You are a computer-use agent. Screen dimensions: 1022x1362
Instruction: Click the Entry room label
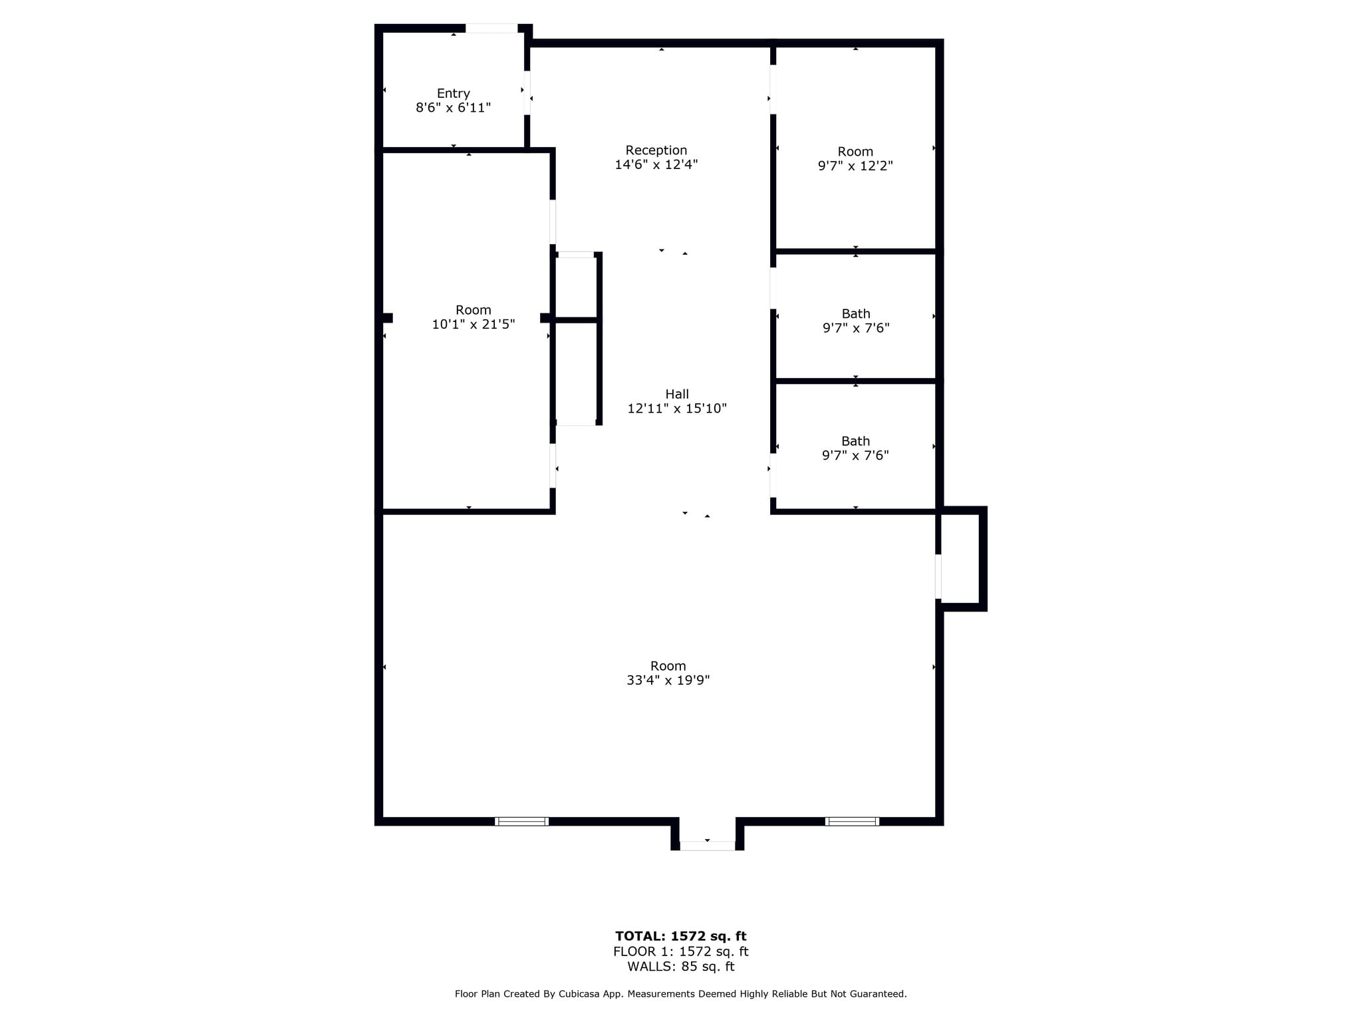453,94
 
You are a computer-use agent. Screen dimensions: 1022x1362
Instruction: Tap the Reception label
656,150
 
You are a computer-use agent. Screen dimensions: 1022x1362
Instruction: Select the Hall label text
677,394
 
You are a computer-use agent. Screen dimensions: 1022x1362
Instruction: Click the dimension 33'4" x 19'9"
668,680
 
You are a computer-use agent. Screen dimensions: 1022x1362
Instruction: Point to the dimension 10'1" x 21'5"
473,325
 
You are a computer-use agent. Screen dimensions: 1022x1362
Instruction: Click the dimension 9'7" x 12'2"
855,166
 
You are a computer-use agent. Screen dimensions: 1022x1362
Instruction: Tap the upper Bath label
855,313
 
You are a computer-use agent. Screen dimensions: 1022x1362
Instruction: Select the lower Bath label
855,441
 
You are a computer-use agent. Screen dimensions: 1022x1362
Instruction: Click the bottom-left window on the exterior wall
521,821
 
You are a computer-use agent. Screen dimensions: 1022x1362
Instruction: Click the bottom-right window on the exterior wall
852,821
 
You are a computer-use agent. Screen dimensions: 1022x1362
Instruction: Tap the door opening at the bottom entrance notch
707,846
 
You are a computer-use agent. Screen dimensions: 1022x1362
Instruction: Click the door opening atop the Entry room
491,29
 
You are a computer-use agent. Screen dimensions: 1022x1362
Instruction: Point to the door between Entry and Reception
527,92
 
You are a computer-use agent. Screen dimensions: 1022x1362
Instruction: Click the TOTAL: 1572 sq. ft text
680,936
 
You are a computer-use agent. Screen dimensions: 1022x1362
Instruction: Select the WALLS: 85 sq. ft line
680,967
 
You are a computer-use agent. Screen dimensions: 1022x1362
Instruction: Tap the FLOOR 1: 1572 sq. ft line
680,951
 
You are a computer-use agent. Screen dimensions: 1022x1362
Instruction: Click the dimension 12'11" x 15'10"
677,409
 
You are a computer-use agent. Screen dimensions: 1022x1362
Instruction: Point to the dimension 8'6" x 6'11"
453,108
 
